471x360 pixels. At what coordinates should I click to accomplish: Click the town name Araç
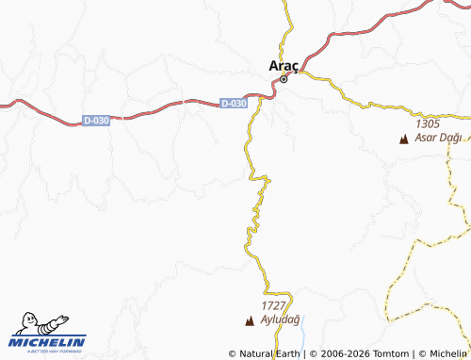click(x=284, y=65)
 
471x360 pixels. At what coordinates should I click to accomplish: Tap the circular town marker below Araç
click(x=284, y=79)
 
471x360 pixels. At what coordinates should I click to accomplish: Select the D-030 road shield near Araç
click(x=235, y=103)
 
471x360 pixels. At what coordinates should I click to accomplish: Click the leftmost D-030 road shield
click(x=96, y=120)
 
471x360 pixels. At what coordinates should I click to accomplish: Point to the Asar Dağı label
click(x=438, y=138)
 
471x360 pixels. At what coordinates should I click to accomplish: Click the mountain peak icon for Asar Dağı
click(x=404, y=139)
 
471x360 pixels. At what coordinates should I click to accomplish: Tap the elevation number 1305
click(x=427, y=123)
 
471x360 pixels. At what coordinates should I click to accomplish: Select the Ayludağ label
click(x=280, y=320)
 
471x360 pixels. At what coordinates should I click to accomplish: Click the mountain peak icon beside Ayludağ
click(x=250, y=321)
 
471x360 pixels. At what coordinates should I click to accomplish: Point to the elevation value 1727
click(x=273, y=306)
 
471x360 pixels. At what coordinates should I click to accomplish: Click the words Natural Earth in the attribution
click(x=271, y=353)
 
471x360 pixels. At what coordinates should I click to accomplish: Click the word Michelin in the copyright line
click(x=447, y=353)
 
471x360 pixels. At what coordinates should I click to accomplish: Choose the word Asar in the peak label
click(x=427, y=138)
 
